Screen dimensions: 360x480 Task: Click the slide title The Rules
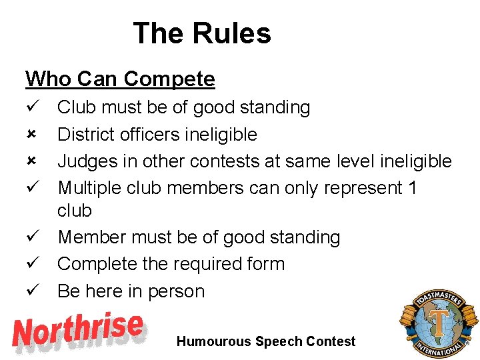(x=202, y=33)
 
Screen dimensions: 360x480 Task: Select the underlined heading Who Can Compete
(x=120, y=79)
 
